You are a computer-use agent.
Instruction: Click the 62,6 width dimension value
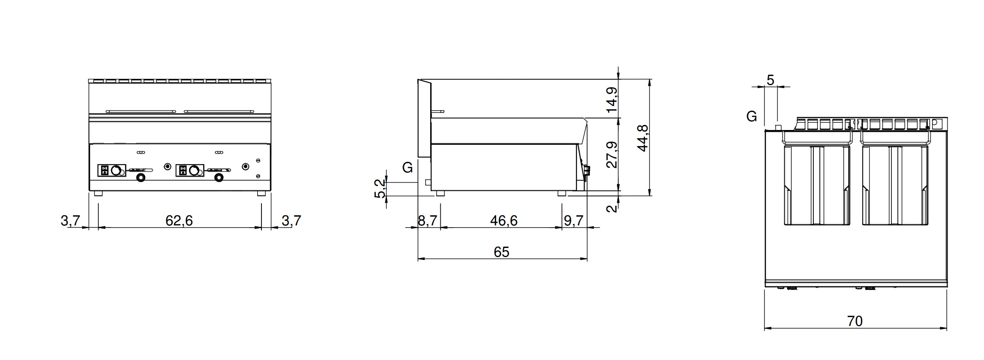179,221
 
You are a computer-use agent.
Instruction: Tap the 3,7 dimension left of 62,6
71,221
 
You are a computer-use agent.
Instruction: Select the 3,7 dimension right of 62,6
291,221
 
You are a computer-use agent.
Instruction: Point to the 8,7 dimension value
427,221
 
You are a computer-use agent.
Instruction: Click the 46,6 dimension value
504,221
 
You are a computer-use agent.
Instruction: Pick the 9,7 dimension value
574,221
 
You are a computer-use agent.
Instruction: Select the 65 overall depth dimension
501,252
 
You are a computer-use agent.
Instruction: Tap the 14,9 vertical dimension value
611,100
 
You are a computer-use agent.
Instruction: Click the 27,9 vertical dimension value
611,155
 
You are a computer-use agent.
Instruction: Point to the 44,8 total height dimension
642,138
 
